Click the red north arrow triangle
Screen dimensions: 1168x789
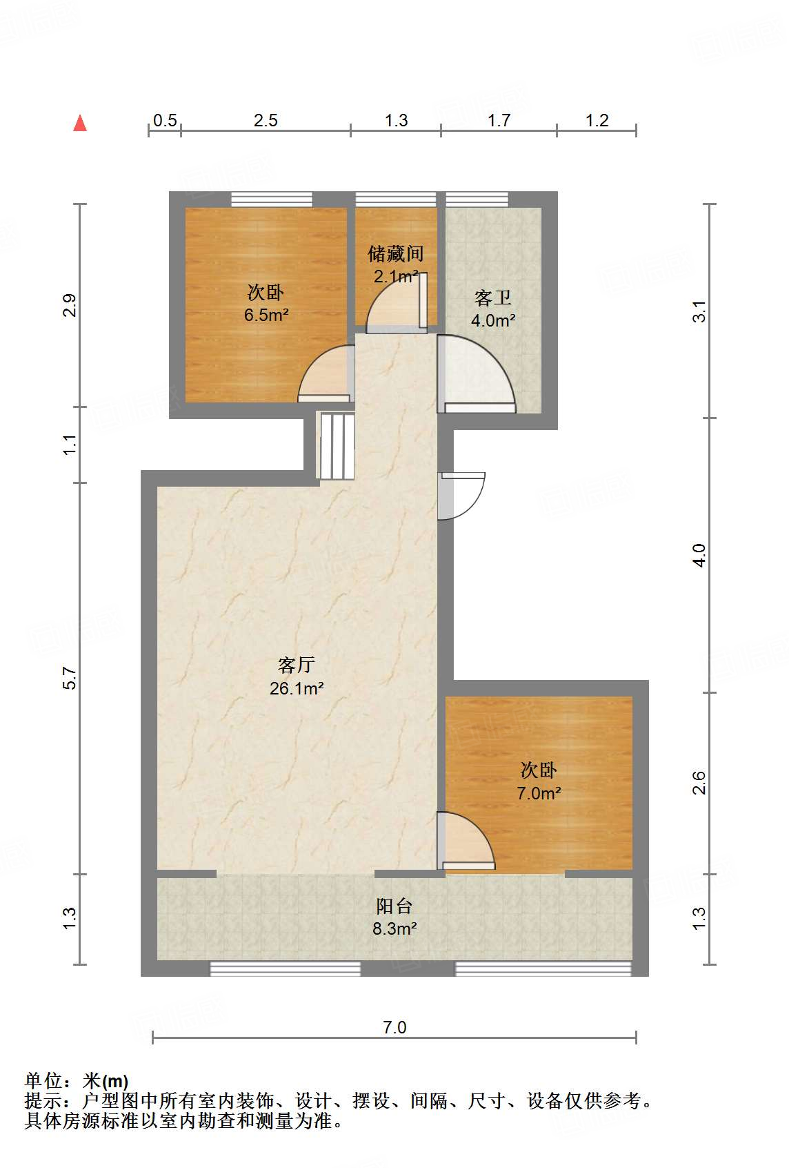80,124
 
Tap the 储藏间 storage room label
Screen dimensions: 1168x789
395,254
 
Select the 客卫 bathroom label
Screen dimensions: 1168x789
493,298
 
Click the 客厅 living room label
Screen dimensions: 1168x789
297,665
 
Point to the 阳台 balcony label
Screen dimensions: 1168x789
394,906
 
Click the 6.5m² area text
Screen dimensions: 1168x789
266,315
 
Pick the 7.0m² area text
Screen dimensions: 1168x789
539,793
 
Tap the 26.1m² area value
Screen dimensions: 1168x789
297,688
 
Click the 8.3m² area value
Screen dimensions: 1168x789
394,929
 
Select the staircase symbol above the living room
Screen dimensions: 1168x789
336,446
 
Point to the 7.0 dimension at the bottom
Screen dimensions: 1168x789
394,1027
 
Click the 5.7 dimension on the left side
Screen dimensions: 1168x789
70,678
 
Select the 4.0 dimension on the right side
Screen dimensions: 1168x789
699,555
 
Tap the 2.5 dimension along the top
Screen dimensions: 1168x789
266,121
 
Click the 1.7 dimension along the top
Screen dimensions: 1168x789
499,121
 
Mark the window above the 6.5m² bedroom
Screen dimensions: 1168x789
271,199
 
